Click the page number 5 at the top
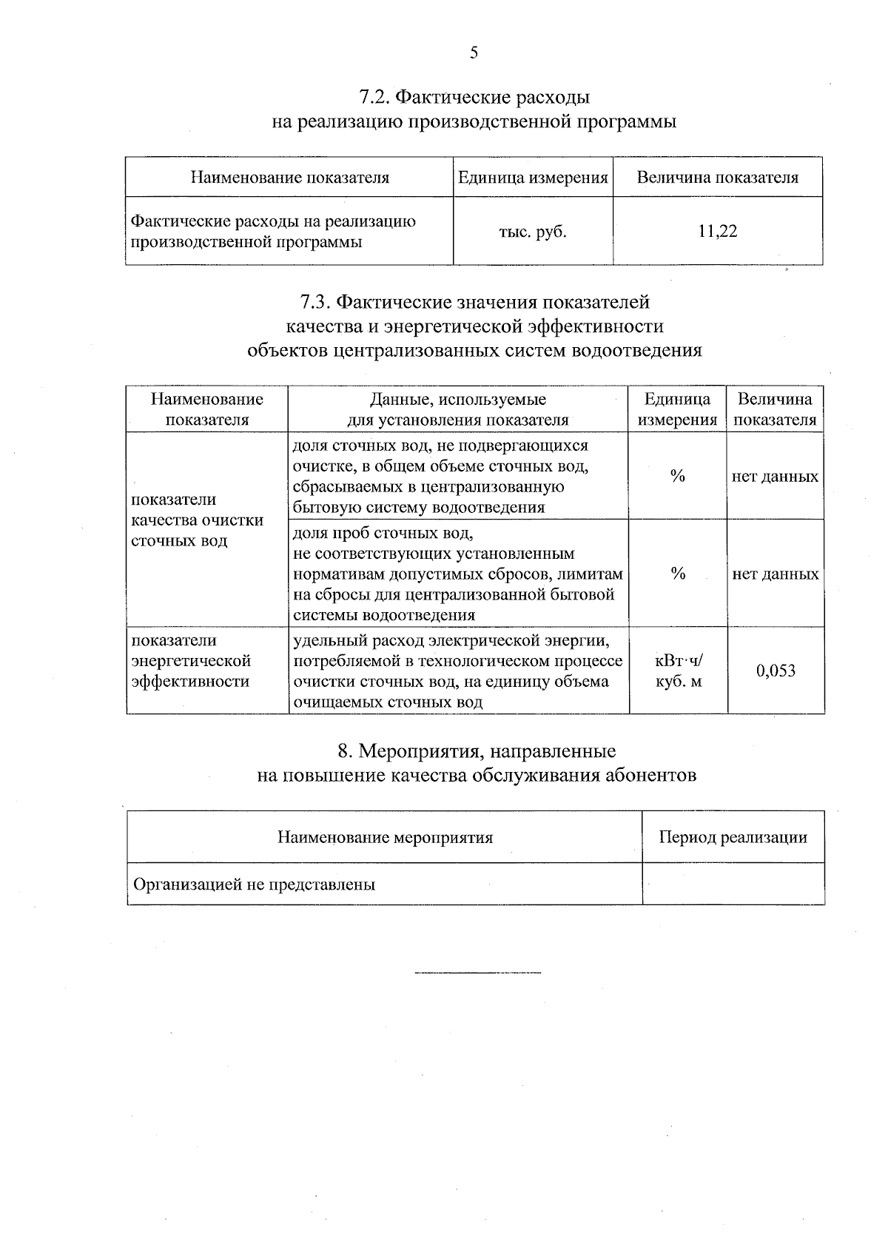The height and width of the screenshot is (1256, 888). click(x=474, y=53)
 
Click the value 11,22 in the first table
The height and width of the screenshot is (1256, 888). click(x=717, y=232)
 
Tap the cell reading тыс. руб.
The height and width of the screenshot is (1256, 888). click(x=533, y=232)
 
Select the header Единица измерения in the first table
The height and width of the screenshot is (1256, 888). click(x=533, y=178)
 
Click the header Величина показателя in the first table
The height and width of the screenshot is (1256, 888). click(x=717, y=178)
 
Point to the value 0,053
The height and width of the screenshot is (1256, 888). click(x=776, y=671)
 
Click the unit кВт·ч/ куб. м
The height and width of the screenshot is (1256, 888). click(x=678, y=671)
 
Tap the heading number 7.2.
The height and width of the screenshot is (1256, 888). click(x=374, y=98)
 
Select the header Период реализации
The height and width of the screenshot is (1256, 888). click(x=733, y=838)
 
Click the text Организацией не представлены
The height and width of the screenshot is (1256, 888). click(x=254, y=884)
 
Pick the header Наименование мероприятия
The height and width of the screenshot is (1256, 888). click(x=385, y=838)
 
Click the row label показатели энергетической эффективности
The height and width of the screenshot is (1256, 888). click(x=192, y=661)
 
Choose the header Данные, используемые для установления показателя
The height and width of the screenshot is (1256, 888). click(x=458, y=410)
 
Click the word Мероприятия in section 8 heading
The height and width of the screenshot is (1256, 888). click(x=417, y=752)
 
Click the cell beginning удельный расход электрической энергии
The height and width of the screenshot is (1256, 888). click(x=457, y=671)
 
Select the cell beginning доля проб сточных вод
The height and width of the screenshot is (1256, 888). click(x=457, y=574)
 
